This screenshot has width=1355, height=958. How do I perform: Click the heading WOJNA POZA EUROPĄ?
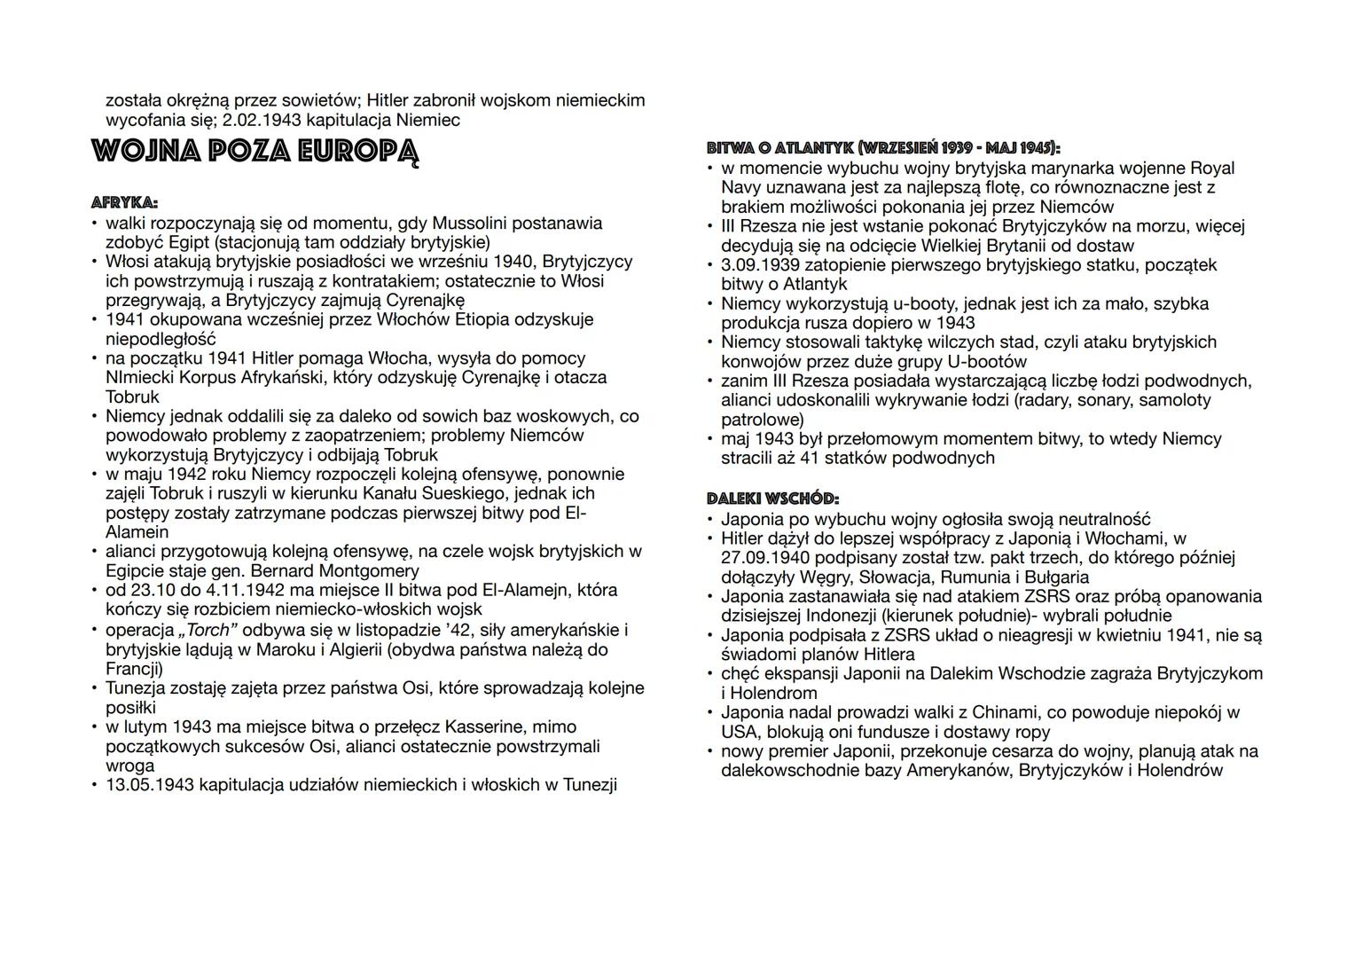pos(255,151)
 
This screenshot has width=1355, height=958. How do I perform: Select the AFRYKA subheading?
pos(125,203)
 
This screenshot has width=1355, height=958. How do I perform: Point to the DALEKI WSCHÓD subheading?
pos(772,499)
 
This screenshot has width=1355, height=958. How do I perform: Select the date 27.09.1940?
pos(764,557)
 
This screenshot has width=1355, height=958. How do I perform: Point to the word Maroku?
pos(285,649)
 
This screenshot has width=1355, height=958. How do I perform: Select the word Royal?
pos(1211,168)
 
